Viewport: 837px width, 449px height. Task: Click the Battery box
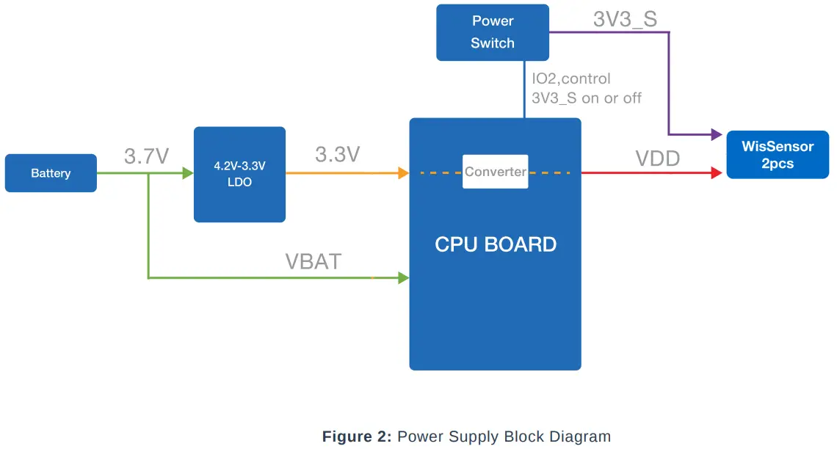(51, 173)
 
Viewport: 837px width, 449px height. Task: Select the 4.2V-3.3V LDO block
(239, 175)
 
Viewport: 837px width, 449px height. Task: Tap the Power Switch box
(493, 32)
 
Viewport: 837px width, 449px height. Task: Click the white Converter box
(495, 172)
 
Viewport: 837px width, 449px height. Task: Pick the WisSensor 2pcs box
(778, 155)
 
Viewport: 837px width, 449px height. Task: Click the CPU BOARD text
(495, 244)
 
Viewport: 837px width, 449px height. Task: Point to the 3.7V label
(147, 156)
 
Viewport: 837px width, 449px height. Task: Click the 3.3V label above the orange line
(337, 155)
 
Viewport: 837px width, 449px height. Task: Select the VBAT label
(314, 261)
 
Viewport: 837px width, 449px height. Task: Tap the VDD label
(658, 158)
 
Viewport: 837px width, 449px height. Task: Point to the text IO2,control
(571, 79)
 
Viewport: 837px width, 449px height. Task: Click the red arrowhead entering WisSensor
(717, 173)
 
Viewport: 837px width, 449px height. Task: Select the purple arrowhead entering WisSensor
(717, 135)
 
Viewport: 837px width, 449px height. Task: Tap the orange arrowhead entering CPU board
(403, 173)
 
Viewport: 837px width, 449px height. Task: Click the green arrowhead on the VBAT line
(403, 278)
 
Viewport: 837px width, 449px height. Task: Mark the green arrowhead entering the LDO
(188, 173)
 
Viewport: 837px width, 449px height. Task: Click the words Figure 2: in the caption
(357, 437)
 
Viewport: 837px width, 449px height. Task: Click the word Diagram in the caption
(580, 437)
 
